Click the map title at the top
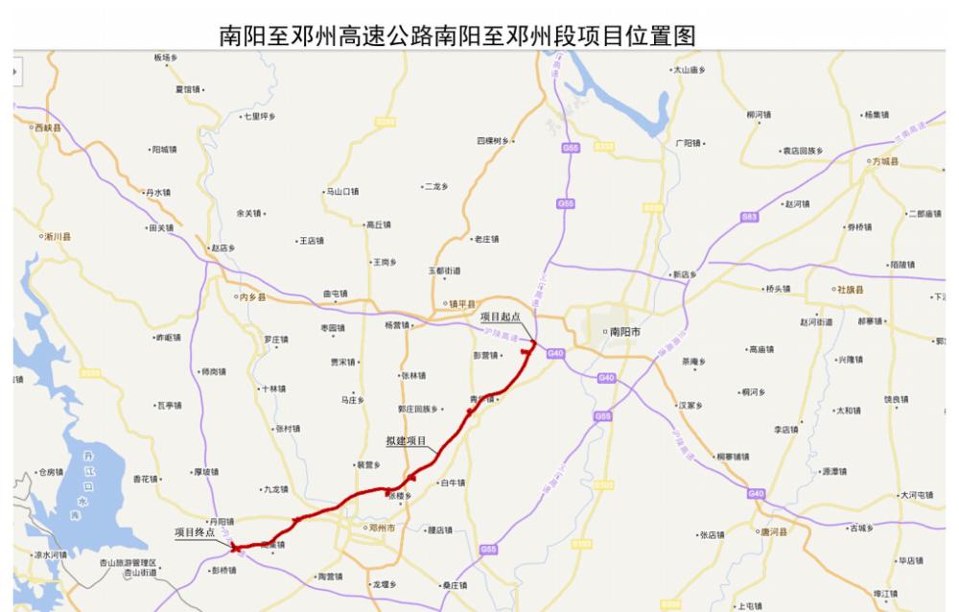pos(457,35)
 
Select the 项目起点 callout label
pos(500,316)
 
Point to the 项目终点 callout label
pos(194,530)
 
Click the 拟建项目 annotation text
pos(406,441)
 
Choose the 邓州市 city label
pos(381,528)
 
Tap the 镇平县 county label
pos(462,304)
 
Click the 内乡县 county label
pos(252,297)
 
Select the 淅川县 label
pos(58,236)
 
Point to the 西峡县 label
pos(48,128)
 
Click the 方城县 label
pos(886,162)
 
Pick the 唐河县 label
pos(773,531)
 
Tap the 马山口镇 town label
pos(342,192)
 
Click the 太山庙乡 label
pos(690,70)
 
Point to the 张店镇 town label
pos(713,535)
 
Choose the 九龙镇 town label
pos(275,489)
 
